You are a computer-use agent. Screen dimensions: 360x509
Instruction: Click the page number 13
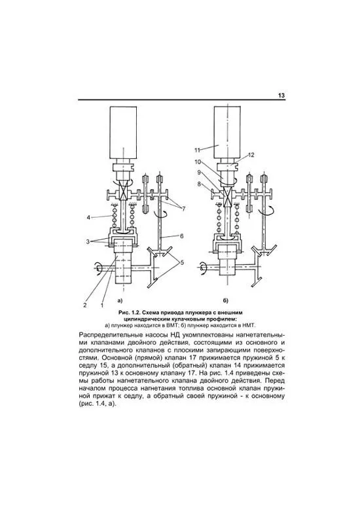(281, 96)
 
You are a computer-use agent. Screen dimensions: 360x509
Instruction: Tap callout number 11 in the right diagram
(198, 150)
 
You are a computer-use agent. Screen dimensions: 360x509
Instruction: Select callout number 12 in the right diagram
(251, 155)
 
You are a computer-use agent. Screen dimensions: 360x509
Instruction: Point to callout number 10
(198, 162)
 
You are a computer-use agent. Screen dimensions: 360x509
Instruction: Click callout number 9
(199, 173)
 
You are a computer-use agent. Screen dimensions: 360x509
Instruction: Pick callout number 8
(199, 184)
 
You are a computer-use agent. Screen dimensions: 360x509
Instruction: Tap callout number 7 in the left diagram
(183, 209)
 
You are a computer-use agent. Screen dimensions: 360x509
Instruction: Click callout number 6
(181, 236)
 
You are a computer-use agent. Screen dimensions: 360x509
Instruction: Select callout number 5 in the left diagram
(182, 262)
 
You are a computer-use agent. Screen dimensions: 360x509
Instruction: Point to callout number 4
(88, 217)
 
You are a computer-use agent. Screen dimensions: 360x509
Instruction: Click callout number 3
(88, 241)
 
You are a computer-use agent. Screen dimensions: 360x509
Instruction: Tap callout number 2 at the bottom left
(85, 305)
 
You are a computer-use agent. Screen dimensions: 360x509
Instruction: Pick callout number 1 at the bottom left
(102, 305)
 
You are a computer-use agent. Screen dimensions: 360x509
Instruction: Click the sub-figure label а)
(120, 300)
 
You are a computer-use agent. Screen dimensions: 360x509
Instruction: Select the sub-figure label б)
(225, 300)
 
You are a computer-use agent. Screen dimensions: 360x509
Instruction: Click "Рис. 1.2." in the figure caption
(129, 313)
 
